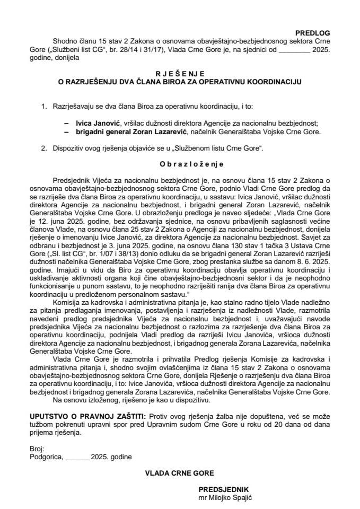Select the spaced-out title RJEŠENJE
(x=180, y=74)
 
